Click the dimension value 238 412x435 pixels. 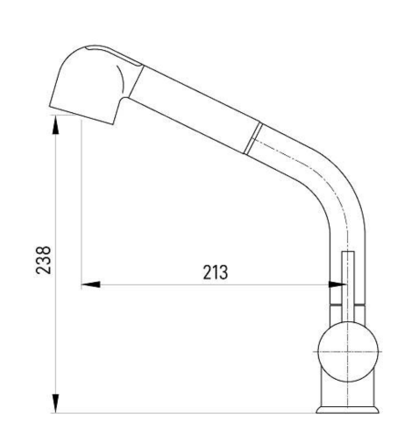[x=43, y=260]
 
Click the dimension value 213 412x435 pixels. [x=216, y=273]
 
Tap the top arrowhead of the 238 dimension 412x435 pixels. [x=55, y=124]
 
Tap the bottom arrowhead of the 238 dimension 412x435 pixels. [x=55, y=403]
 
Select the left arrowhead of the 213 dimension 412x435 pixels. [x=90, y=284]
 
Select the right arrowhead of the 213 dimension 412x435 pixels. [x=337, y=284]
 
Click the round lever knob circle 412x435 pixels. [x=348, y=352]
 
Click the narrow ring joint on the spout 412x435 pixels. [x=252, y=138]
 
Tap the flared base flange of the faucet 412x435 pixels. [x=347, y=410]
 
